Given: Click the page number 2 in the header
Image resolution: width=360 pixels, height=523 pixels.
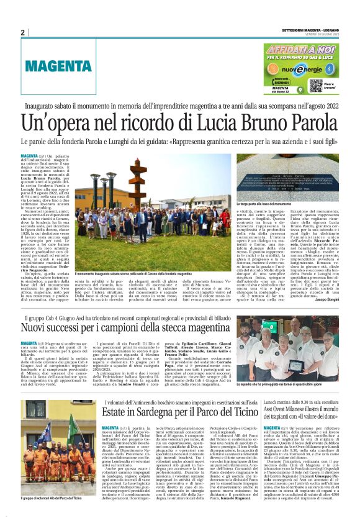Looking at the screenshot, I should (x=23, y=33).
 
